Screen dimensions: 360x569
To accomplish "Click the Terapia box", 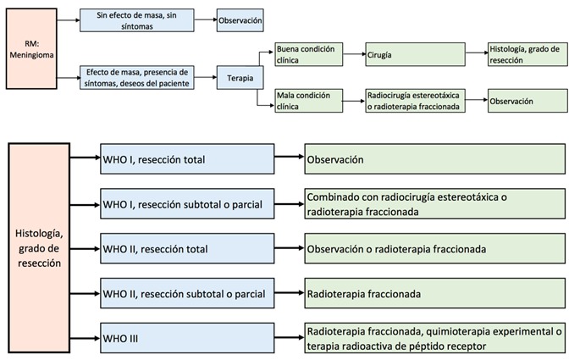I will (x=238, y=77).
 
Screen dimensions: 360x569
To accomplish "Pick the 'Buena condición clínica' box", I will (x=307, y=55).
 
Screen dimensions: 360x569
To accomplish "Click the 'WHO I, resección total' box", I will (x=186, y=158).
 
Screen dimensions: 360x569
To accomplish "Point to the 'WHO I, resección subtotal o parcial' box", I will (x=186, y=204).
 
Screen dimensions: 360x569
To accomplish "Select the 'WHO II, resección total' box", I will (x=186, y=249).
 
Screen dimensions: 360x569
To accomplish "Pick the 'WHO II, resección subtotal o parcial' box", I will (x=186, y=294).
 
